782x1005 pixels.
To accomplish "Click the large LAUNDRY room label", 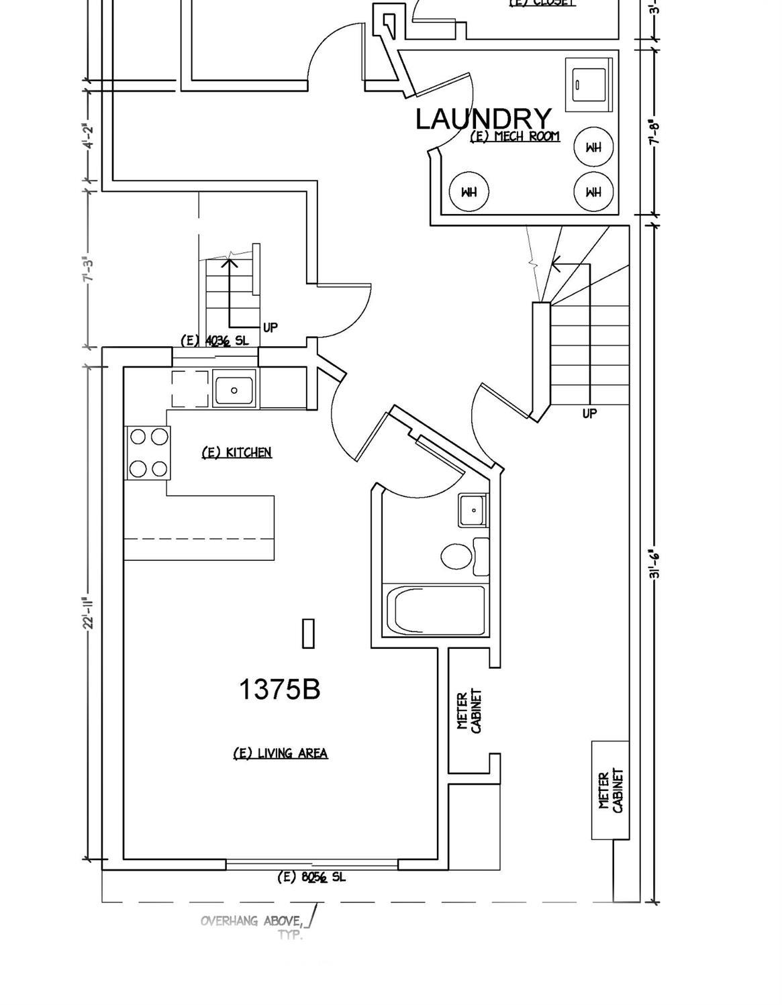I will (x=483, y=119).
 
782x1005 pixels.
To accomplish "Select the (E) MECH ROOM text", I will (x=515, y=137).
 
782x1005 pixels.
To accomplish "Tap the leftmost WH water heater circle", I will (x=469, y=192).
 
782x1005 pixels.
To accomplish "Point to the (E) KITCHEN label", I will (x=237, y=452).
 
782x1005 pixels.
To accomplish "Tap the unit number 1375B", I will (x=279, y=689).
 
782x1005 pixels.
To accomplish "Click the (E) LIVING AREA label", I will (x=280, y=753).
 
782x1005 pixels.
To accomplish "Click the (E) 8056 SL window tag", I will (x=311, y=877).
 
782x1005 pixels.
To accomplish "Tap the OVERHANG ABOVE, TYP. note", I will (x=255, y=927).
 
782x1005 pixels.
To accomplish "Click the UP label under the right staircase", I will (x=589, y=413).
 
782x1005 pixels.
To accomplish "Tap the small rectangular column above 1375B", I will (x=308, y=633).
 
